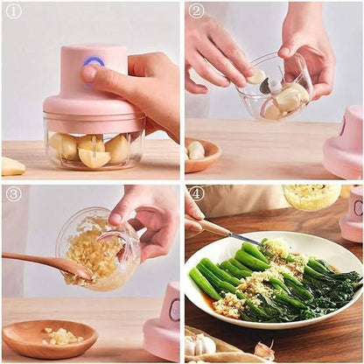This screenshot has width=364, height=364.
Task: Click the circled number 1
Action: coord(13,12)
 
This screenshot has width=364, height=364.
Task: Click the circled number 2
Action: coord(197,11)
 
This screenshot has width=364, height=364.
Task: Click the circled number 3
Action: coord(13,194)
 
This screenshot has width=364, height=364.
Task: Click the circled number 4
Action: coord(197,194)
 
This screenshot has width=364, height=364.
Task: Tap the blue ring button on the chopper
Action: coord(93,64)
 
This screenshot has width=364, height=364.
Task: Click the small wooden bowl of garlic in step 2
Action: coord(202,154)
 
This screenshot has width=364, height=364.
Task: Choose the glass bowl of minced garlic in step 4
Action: coord(311,196)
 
